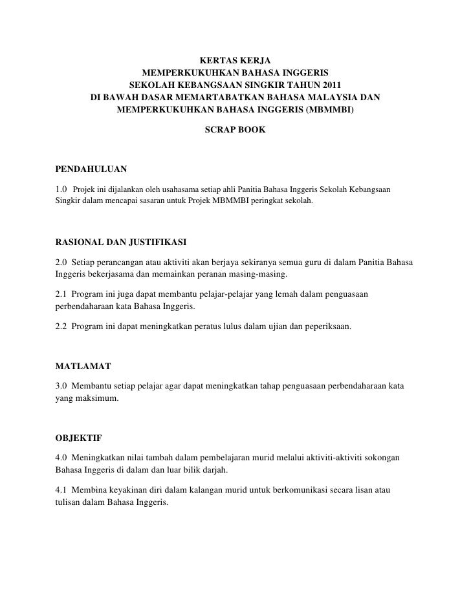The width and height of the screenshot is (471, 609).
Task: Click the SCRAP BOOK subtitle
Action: [235, 130]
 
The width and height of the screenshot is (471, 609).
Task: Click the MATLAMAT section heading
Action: [83, 366]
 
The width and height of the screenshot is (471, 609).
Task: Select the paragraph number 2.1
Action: [61, 294]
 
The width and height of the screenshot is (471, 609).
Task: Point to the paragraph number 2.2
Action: [61, 326]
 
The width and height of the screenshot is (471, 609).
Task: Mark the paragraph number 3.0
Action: [61, 386]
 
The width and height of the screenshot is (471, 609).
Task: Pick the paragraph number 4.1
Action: [61, 491]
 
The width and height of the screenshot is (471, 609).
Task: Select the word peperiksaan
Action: [327, 326]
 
